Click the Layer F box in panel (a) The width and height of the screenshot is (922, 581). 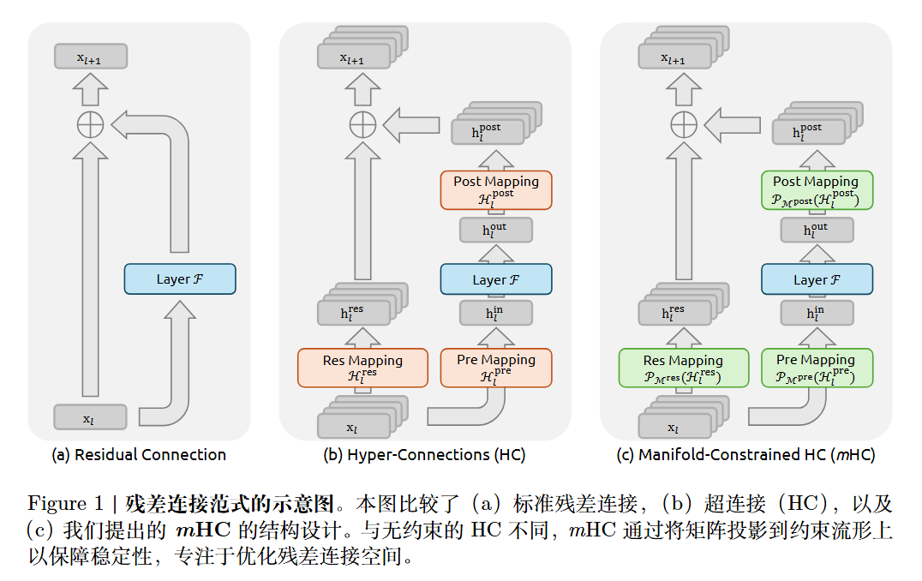point(179,279)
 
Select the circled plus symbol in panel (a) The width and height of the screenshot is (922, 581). point(90,125)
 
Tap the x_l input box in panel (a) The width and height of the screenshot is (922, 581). point(90,417)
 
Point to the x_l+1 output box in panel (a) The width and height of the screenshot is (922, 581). point(90,57)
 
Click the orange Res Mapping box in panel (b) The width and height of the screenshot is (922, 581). point(362,367)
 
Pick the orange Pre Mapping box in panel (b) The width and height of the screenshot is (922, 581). point(496,367)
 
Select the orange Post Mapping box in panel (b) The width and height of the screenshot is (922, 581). point(496,189)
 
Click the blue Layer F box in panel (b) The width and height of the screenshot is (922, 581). point(496,279)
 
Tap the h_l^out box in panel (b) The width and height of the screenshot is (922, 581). point(496,230)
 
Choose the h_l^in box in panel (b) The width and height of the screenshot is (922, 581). point(496,313)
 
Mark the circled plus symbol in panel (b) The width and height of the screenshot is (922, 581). point(362,125)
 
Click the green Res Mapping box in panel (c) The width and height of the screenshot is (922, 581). point(683,367)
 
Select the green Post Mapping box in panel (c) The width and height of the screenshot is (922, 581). point(817,189)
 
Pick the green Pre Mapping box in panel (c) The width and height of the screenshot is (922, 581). point(817,367)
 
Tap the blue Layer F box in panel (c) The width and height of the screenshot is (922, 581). point(817,279)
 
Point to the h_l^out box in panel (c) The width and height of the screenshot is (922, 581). point(817,230)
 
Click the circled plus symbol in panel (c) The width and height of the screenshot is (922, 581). point(683,125)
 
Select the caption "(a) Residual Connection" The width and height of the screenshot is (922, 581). point(139,455)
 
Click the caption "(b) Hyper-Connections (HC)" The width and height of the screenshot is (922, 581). point(424,455)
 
